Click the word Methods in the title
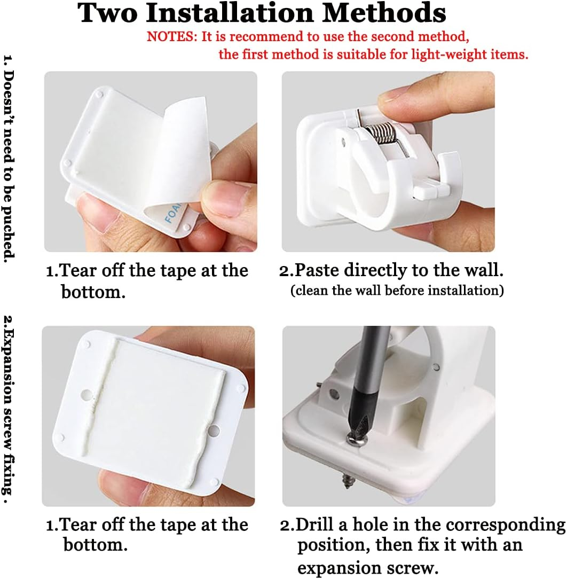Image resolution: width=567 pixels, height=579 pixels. click(x=384, y=13)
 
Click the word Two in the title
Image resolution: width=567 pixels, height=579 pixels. click(x=107, y=13)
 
